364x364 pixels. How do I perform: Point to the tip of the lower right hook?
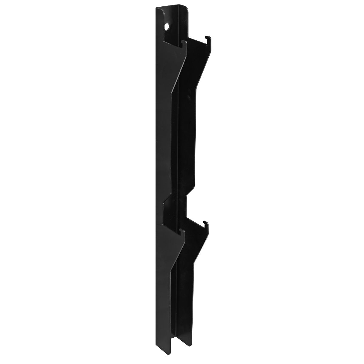pyautogui.click(x=206, y=222)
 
